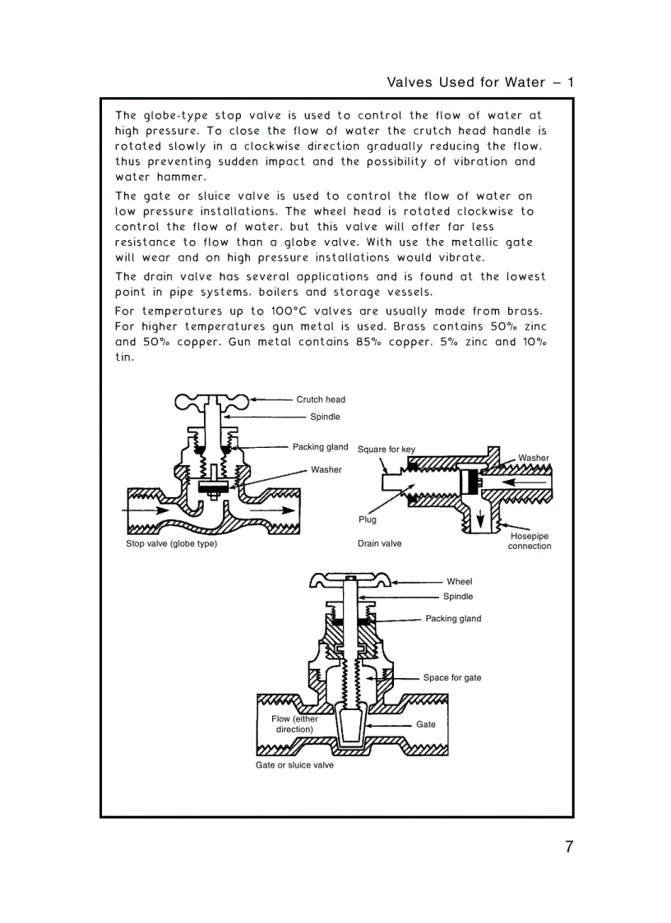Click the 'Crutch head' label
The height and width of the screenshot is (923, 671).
(321, 399)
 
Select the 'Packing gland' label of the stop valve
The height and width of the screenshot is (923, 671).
(320, 447)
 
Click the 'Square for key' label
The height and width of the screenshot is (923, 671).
(386, 450)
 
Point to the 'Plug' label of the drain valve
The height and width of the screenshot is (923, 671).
(367, 519)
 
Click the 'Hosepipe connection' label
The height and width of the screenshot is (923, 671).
(529, 541)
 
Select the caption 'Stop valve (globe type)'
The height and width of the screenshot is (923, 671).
(171, 544)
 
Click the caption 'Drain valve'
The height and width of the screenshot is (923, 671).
(379, 543)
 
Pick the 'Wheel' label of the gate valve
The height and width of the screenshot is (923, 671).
(459, 582)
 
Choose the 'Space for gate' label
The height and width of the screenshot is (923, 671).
(451, 678)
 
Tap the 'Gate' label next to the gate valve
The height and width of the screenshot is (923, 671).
(425, 724)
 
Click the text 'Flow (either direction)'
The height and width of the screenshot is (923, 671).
(294, 724)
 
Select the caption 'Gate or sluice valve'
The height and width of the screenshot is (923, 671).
(294, 765)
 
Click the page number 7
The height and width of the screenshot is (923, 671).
(568, 847)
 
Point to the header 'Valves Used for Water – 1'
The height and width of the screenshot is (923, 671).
(479, 82)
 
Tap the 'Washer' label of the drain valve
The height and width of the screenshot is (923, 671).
(533, 458)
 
